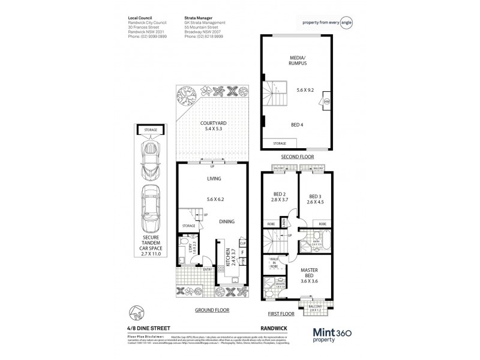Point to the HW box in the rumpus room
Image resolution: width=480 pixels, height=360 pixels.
326,102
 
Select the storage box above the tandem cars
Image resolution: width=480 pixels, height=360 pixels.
148,129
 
